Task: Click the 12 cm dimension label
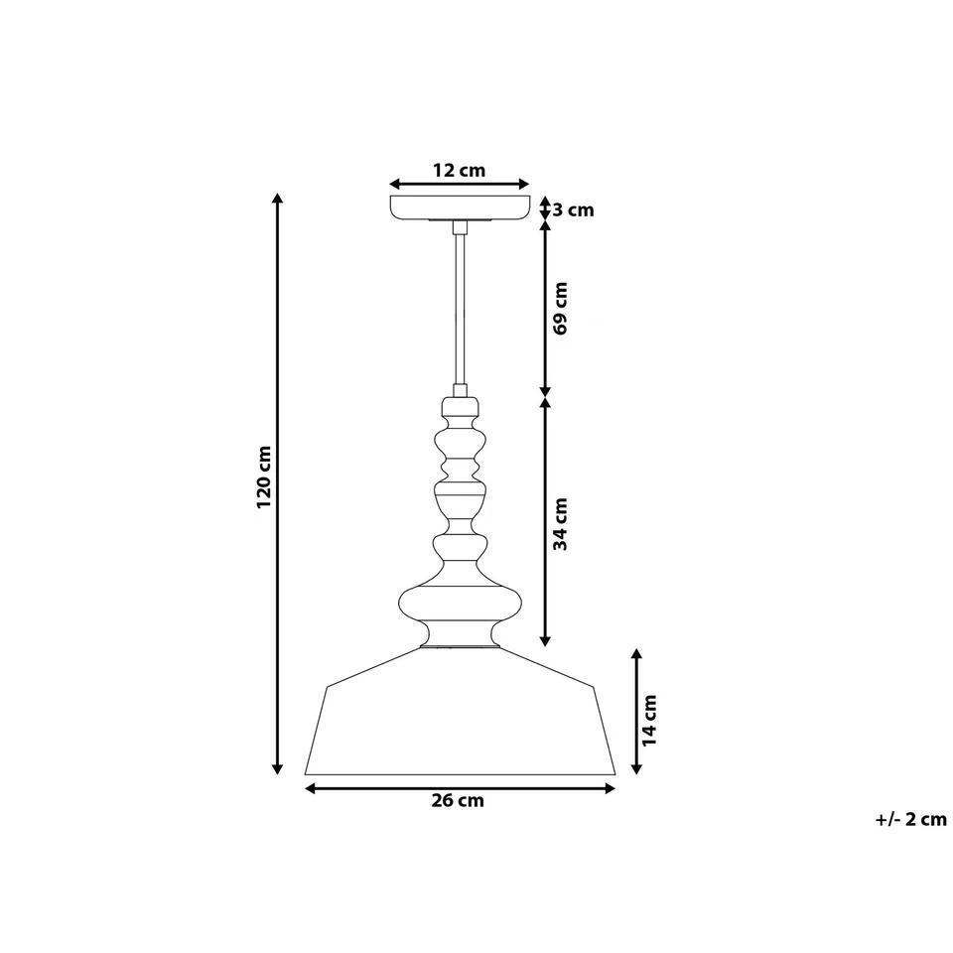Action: pos(459,170)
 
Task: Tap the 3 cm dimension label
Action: pos(573,209)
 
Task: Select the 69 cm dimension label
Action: pos(561,308)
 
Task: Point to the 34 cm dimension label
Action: pos(561,523)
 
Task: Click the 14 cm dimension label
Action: pos(649,720)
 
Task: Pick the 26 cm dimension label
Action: pos(459,802)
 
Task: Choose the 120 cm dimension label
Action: pos(263,477)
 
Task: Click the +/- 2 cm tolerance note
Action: pos(911,819)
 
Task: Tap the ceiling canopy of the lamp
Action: pos(460,208)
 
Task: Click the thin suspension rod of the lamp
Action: pos(460,308)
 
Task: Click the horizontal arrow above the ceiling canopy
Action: pos(460,185)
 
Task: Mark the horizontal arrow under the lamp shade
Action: pos(460,788)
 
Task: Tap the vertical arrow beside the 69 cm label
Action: pos(545,308)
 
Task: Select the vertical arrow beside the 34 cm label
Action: pos(545,521)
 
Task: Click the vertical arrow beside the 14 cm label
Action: pos(636,711)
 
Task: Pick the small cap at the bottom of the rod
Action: pos(460,406)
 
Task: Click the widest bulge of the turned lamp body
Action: pos(460,604)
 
